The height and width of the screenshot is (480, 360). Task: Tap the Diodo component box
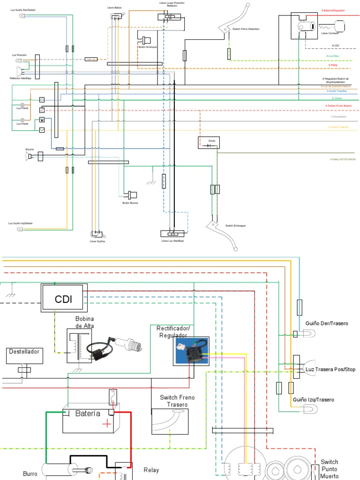(208, 143)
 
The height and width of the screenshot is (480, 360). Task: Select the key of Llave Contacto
(336, 25)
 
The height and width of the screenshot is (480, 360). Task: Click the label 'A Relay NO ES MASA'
(343, 159)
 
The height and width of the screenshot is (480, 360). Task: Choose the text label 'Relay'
(151, 470)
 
